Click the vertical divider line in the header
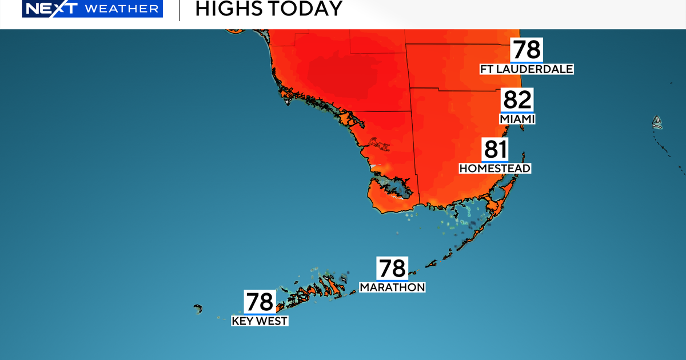tap(180, 10)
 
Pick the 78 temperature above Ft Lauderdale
tap(527, 50)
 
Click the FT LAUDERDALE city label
tap(527, 69)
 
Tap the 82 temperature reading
tap(517, 100)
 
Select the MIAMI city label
tap(517, 119)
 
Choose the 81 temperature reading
tap(496, 150)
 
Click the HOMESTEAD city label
tap(496, 169)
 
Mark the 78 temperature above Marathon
tap(391, 268)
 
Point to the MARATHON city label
tap(392, 287)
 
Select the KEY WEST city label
tap(260, 321)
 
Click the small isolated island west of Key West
tap(198, 309)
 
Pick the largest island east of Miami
tap(657, 122)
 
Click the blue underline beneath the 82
tap(517, 111)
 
